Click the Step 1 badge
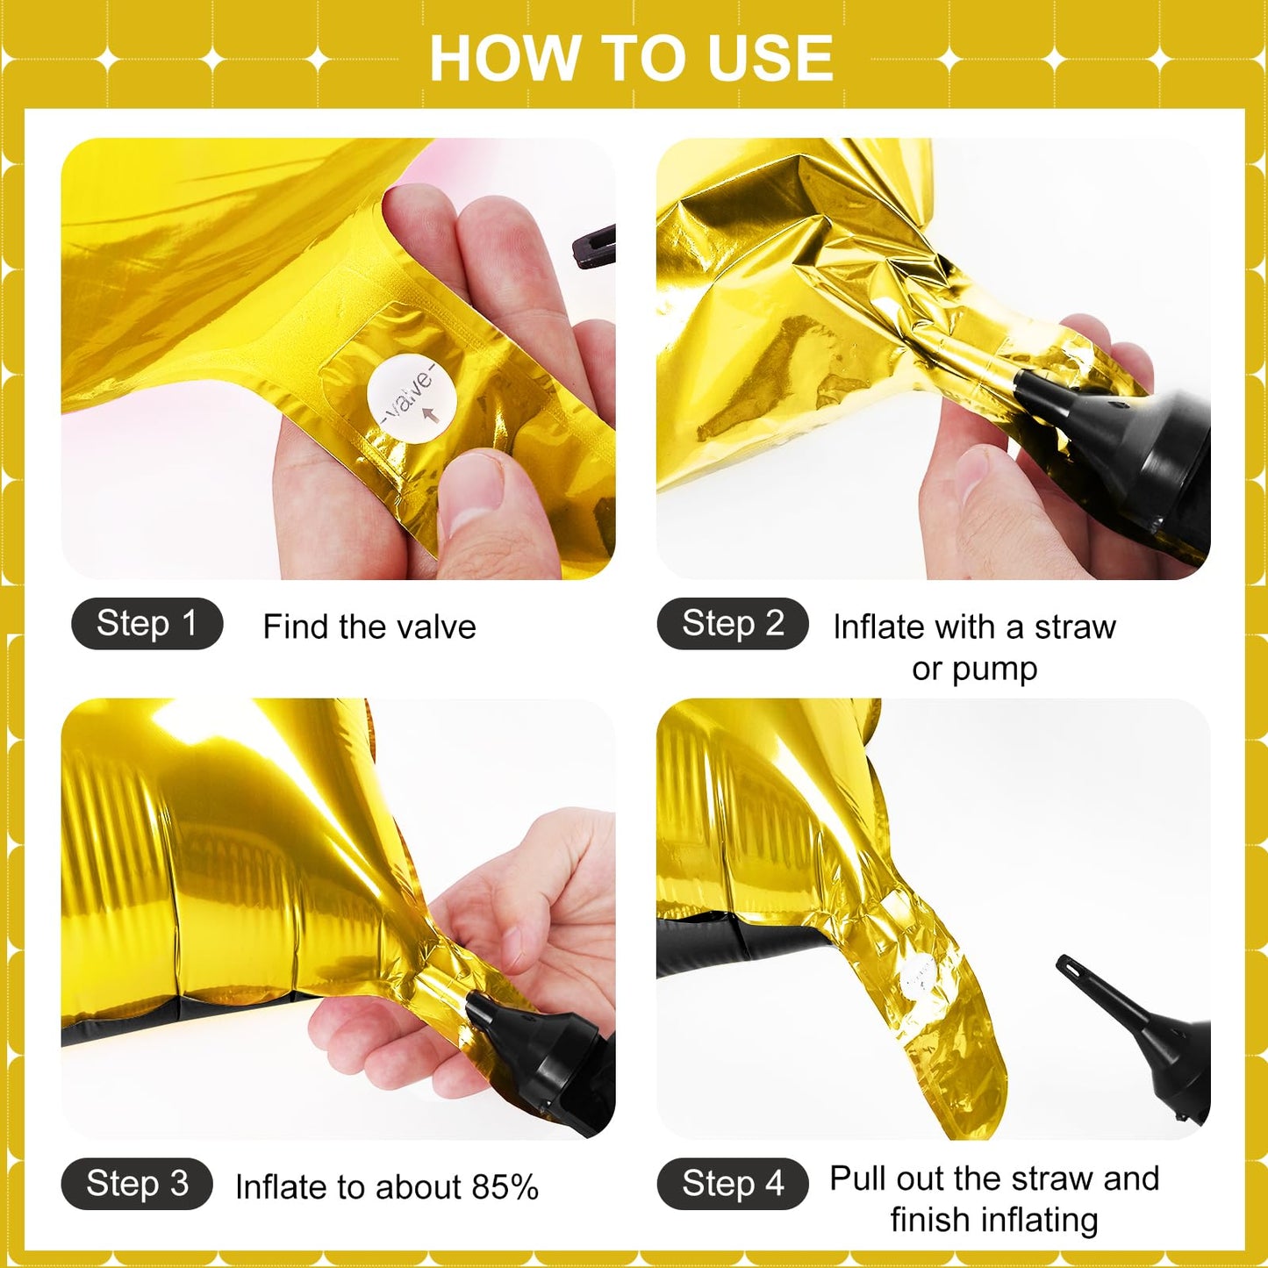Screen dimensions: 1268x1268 (x=147, y=623)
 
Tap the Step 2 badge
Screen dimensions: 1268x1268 (x=733, y=623)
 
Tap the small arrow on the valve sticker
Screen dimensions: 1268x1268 (x=430, y=414)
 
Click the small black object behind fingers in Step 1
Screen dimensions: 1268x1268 (x=593, y=246)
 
